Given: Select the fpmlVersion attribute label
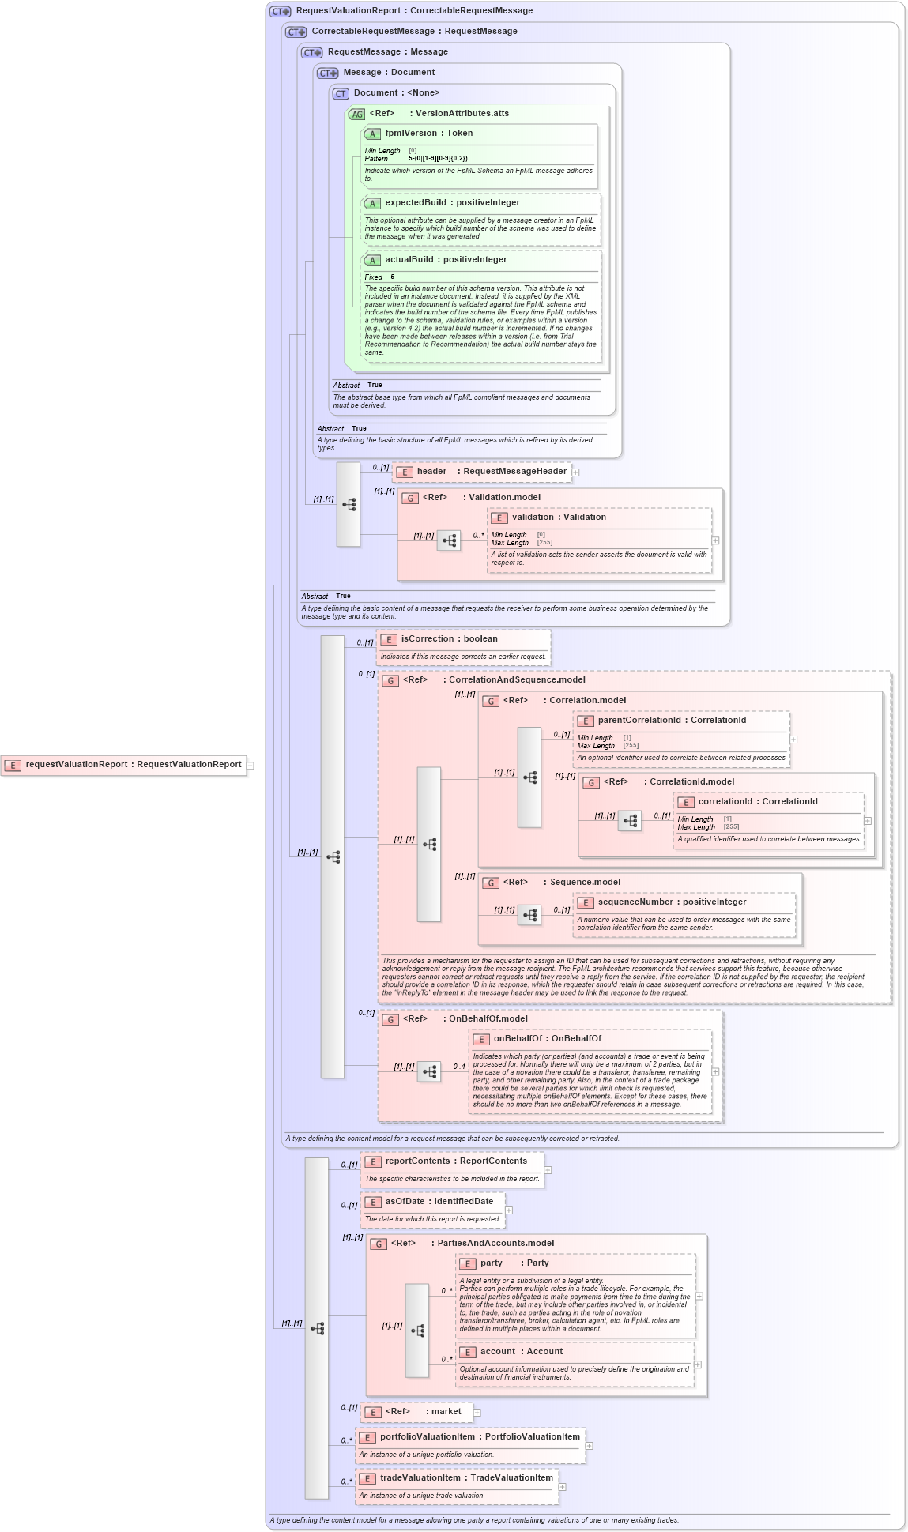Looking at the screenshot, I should click(x=428, y=134).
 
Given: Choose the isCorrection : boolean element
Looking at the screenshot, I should click(x=449, y=639).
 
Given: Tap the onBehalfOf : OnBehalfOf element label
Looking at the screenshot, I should click(x=547, y=1039).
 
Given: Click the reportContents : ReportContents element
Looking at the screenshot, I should click(x=455, y=1161).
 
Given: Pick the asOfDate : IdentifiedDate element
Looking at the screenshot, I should click(x=439, y=1202).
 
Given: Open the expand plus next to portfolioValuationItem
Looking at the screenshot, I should click(x=590, y=1446).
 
